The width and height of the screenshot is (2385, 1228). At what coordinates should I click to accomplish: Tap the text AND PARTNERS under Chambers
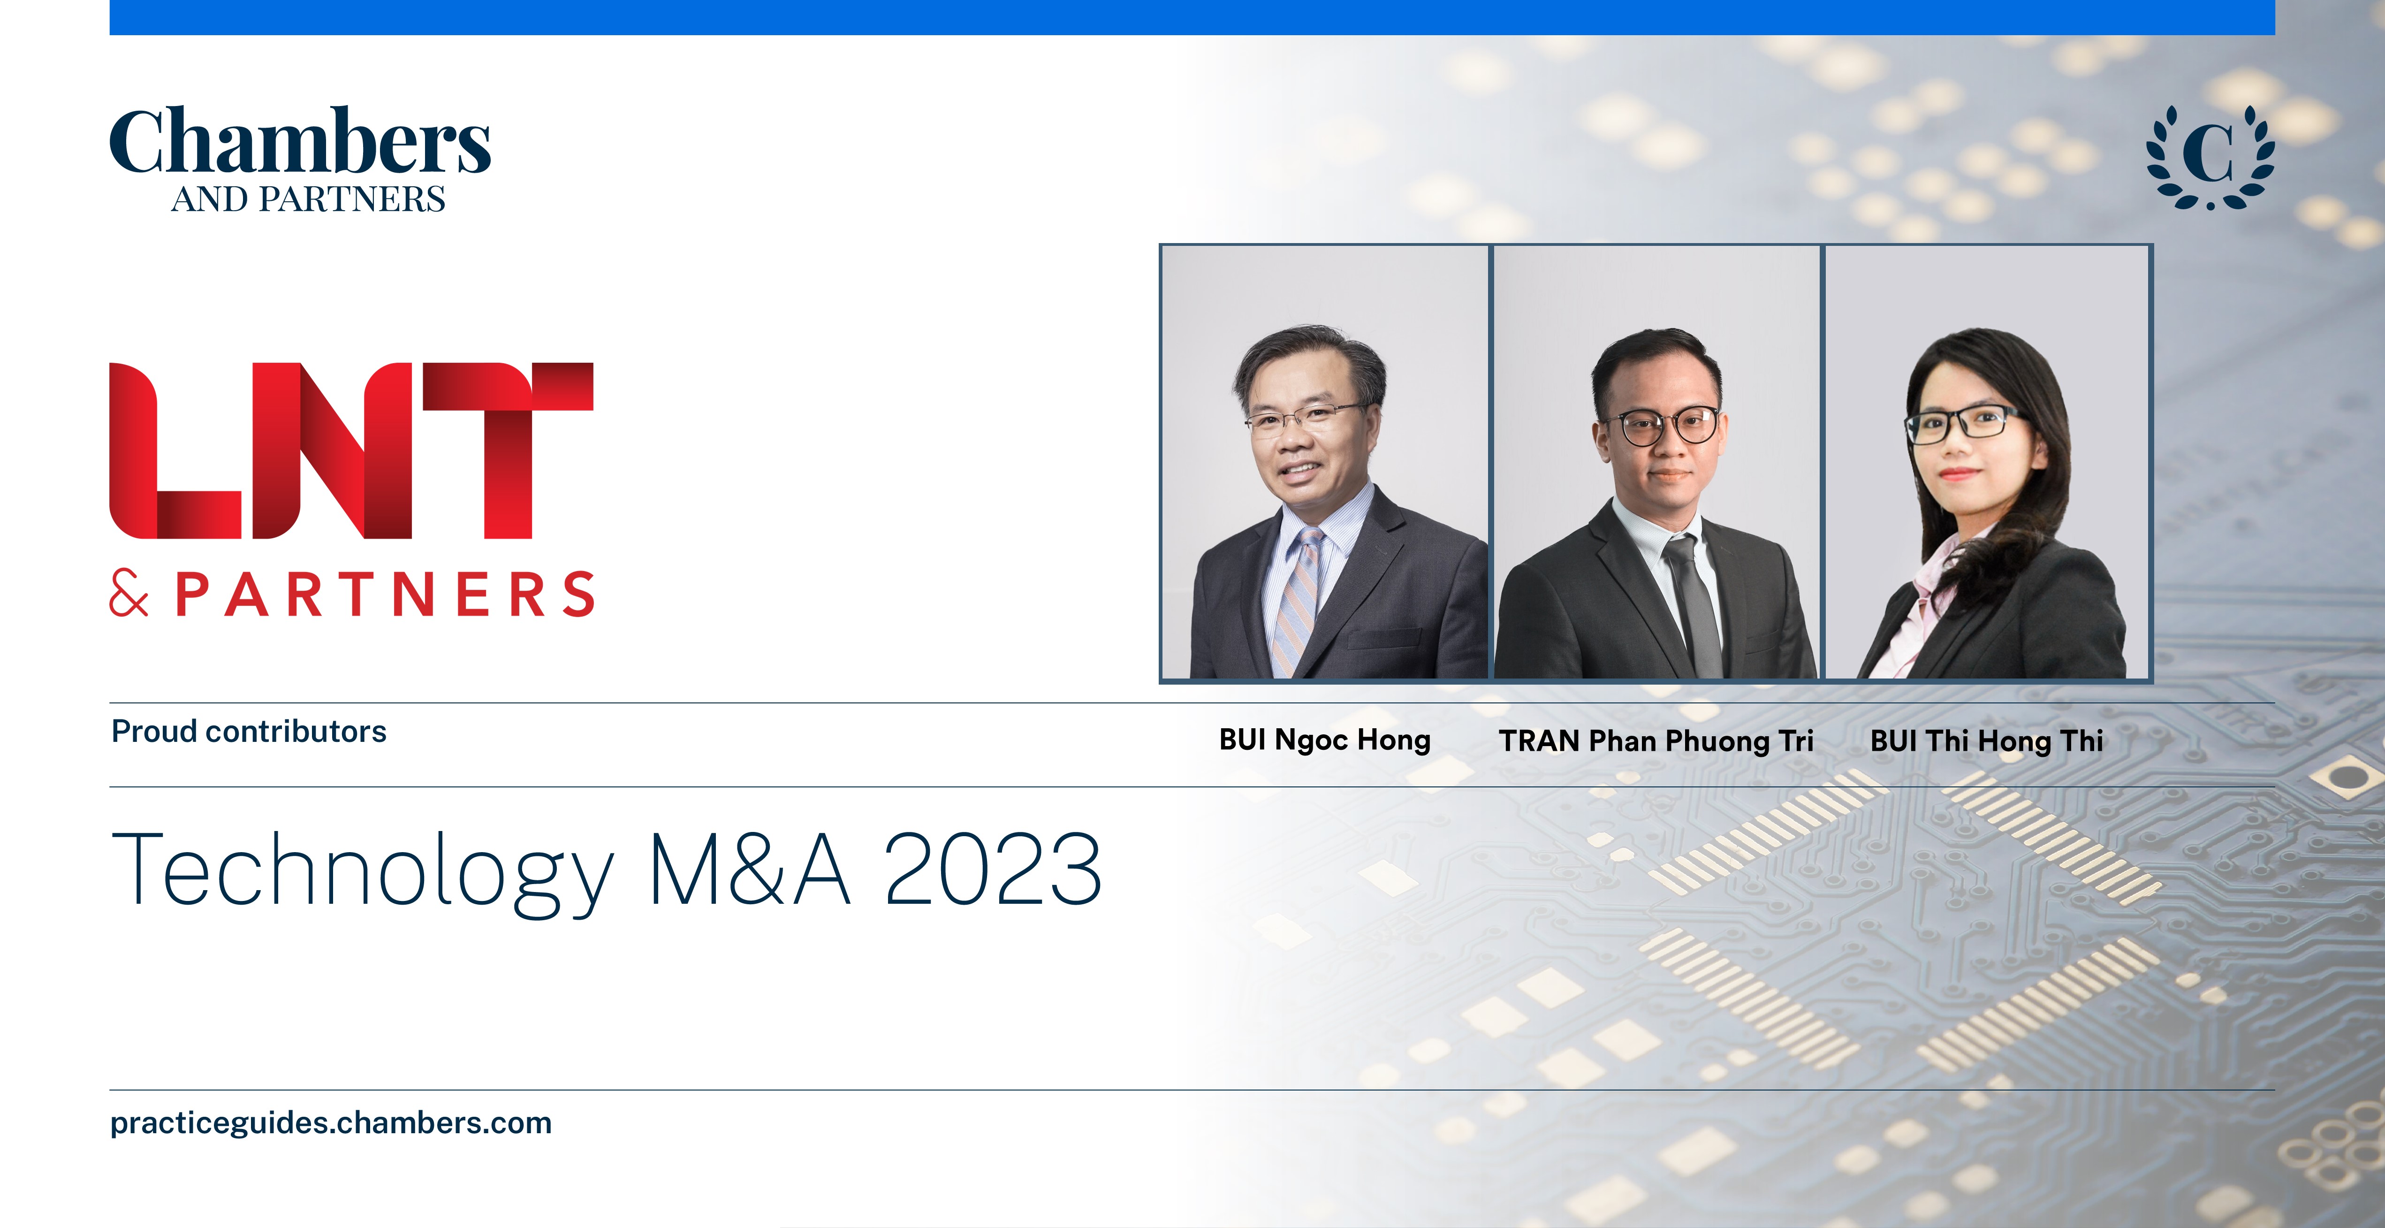coord(308,199)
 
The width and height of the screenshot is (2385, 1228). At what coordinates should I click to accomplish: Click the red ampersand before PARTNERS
coord(129,594)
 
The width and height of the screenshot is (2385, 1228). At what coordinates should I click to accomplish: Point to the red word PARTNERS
coord(385,595)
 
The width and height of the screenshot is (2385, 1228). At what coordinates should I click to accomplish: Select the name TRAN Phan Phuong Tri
coord(1656,741)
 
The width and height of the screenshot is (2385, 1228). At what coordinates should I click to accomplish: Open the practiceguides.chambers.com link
coord(331,1123)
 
